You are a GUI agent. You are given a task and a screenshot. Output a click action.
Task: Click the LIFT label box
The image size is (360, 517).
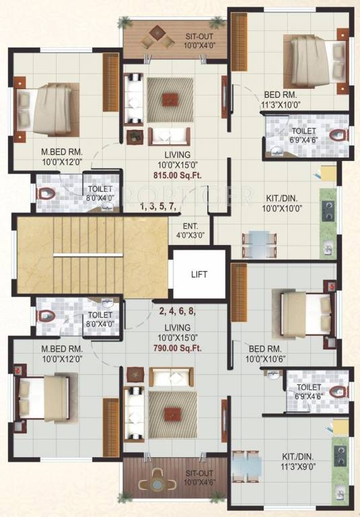(199, 275)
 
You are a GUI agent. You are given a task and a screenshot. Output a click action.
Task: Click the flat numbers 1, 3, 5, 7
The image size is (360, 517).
(161, 207)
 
